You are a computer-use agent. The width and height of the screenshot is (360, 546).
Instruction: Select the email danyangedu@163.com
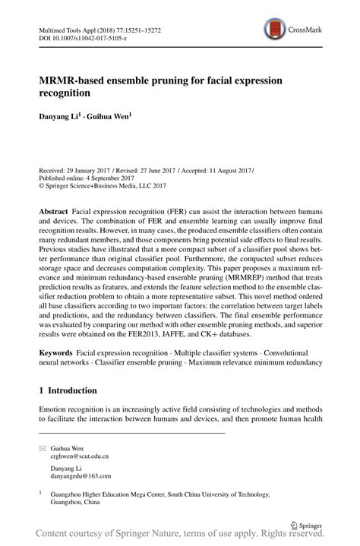click(x=81, y=476)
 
